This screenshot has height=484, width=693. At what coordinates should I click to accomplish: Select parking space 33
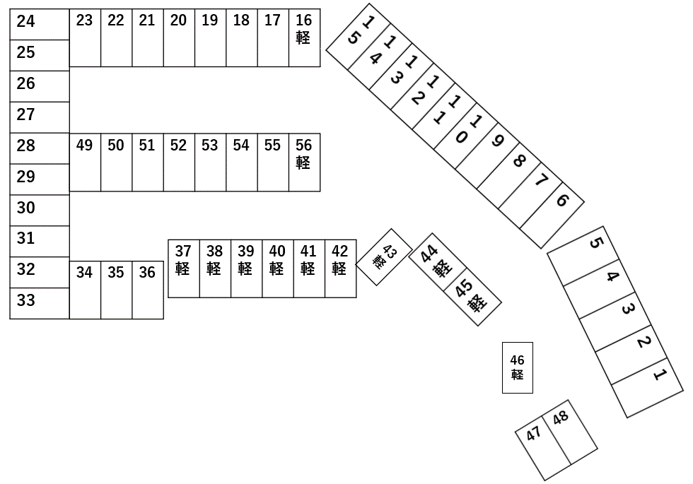coord(40,303)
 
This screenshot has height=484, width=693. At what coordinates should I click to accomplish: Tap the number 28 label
coord(26,146)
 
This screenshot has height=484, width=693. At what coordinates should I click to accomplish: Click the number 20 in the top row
coord(178,20)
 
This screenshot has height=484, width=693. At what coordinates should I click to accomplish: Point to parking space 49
coord(85,162)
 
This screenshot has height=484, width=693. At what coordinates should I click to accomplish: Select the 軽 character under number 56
coord(303,163)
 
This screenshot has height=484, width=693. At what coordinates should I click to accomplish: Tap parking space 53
coord(210,162)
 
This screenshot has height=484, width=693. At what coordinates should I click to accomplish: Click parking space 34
coord(85,290)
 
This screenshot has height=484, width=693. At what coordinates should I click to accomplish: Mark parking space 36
coord(147,290)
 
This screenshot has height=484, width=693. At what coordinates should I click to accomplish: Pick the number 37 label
coord(183,252)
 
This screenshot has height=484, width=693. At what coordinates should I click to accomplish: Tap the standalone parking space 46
coord(517,367)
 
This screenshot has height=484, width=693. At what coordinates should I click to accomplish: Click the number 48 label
coord(561,418)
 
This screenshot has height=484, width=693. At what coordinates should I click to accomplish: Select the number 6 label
coord(562,200)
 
